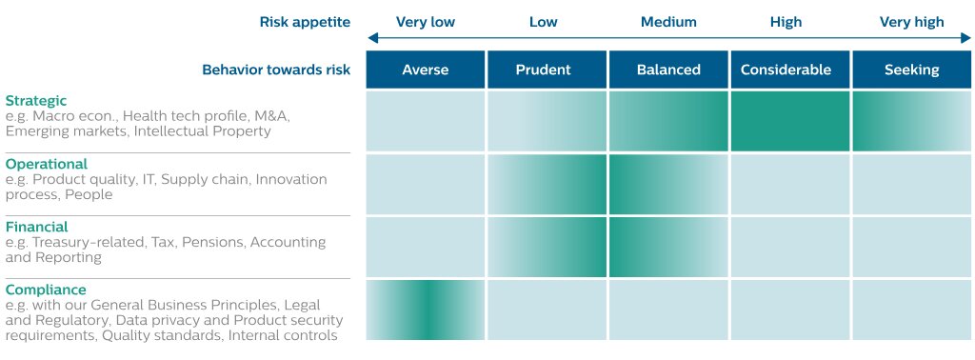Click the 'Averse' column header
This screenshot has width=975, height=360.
tap(426, 70)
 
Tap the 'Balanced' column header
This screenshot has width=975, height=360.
tap(668, 70)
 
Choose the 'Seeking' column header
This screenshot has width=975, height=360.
tap(911, 70)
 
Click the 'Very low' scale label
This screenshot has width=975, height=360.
tap(426, 23)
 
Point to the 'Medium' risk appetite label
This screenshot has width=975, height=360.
tap(668, 23)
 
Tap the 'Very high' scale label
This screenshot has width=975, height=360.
tap(911, 23)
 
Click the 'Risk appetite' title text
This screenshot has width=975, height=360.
tap(305, 23)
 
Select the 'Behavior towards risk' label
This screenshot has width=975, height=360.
tap(276, 70)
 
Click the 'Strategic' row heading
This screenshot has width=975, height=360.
tap(36, 100)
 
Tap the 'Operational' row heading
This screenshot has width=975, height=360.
tap(47, 164)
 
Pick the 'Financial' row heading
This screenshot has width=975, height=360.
tap(37, 227)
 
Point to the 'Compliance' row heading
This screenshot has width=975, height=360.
tap(46, 290)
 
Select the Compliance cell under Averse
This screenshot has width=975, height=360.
tap(426, 310)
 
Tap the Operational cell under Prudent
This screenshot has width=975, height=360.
tap(547, 184)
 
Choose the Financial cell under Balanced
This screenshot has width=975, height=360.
tap(668, 247)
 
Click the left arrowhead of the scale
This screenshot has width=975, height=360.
tap(372, 38)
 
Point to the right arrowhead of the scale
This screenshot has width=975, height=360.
tap(965, 38)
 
